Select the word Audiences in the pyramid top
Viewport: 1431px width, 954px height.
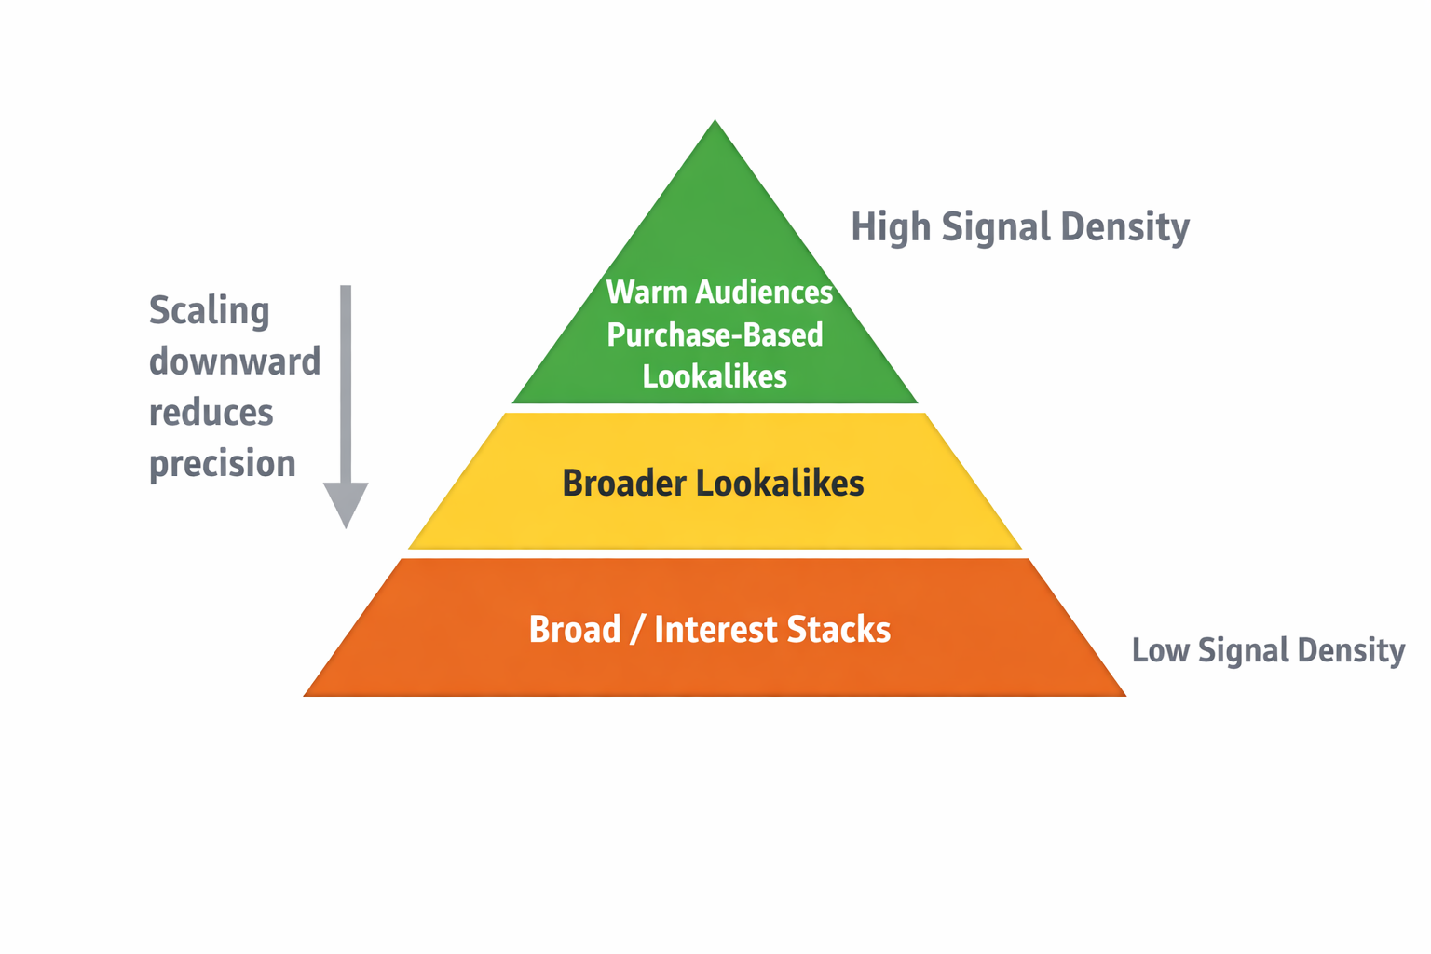pyautogui.click(x=764, y=293)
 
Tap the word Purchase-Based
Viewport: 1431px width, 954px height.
pyautogui.click(x=715, y=335)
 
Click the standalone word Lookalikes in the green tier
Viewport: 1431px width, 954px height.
pyautogui.click(x=715, y=377)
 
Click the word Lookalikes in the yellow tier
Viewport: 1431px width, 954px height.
pyautogui.click(x=780, y=484)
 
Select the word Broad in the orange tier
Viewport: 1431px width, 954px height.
pyautogui.click(x=575, y=630)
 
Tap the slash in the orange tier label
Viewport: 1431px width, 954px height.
pyautogui.click(x=637, y=631)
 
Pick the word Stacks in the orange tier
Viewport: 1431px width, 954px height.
pyautogui.click(x=838, y=630)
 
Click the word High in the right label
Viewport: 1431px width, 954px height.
pyautogui.click(x=891, y=227)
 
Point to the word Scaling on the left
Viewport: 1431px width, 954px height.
pyautogui.click(x=210, y=311)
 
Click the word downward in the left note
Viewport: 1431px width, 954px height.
pyautogui.click(x=235, y=361)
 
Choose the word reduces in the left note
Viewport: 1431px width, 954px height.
pyautogui.click(x=211, y=413)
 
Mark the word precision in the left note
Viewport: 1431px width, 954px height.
pyautogui.click(x=223, y=464)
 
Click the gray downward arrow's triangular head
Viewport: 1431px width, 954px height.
pyautogui.click(x=346, y=502)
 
